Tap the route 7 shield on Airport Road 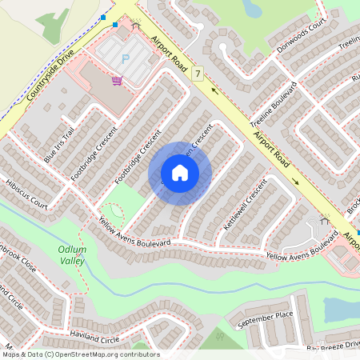pyautogui.click(x=197, y=74)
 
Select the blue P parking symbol pyautogui.click(x=125, y=58)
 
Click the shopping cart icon pyautogui.click(x=117, y=80)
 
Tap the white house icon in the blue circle pyautogui.click(x=180, y=173)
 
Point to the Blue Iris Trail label pyautogui.click(x=59, y=144)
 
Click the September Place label pyautogui.click(x=266, y=317)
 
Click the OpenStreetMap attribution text pyautogui.click(x=81, y=354)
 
